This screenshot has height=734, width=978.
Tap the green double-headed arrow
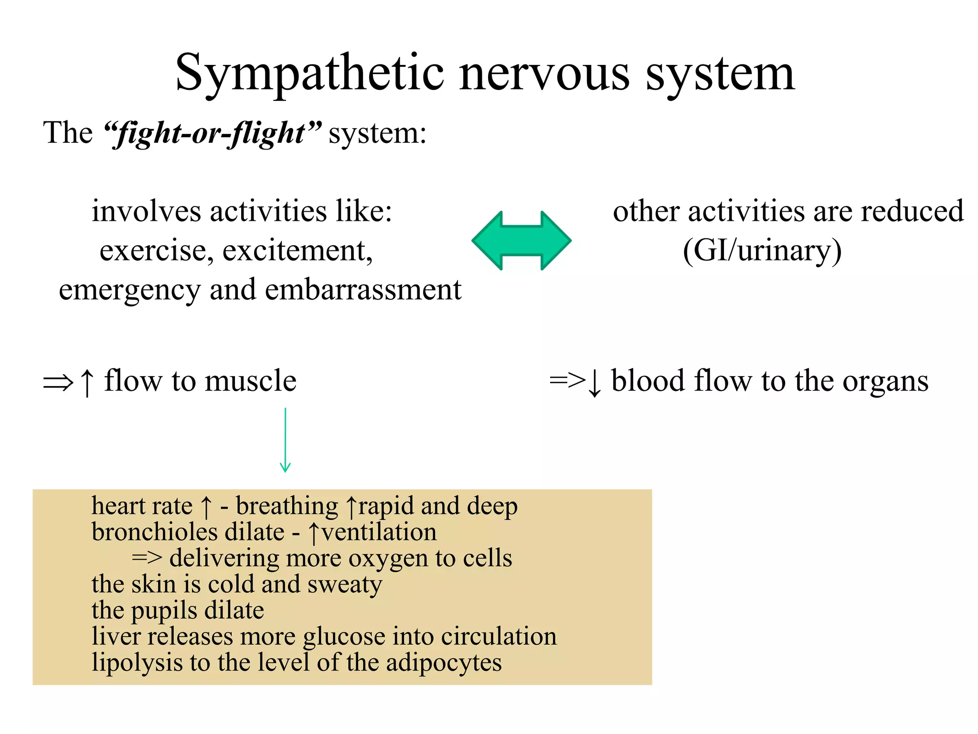pos(521,240)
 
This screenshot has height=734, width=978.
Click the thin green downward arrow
pos(285,440)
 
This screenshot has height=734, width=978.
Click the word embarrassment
pos(363,290)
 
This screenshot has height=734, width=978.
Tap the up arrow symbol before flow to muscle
pos(87,382)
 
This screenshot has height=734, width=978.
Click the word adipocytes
pos(444,663)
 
